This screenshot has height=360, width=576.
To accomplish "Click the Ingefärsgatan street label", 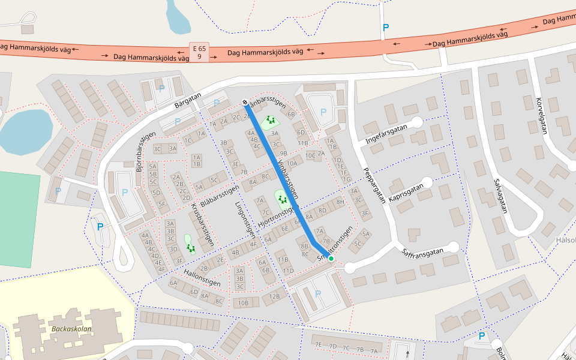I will tap(386, 134).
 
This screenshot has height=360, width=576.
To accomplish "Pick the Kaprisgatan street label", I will tap(406, 192).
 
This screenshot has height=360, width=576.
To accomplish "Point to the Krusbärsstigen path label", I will tap(202, 226).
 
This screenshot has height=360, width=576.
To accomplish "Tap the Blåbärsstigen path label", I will tap(220, 196).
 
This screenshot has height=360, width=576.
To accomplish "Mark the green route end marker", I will tap(331, 258).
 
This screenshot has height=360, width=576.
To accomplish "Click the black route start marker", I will tap(245, 101).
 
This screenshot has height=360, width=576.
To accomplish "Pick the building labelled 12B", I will tap(275, 296).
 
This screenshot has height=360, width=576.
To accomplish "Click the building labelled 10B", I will tap(244, 303).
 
